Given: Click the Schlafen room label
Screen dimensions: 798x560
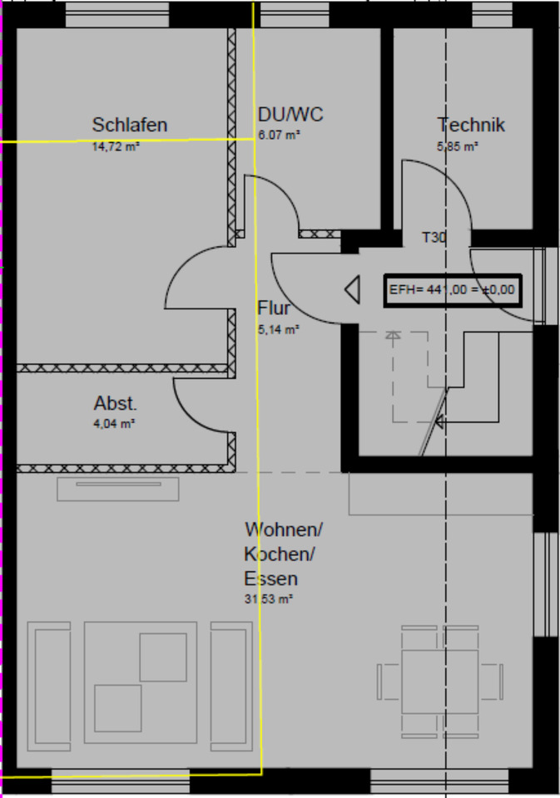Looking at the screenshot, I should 130,125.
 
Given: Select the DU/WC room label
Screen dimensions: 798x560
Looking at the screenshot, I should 290,115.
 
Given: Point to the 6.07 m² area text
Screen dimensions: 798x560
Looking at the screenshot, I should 279,135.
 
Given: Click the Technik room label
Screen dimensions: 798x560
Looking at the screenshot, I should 471,125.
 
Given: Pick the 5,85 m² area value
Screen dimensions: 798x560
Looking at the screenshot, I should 458,146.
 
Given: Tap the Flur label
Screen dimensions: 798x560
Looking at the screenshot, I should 274,308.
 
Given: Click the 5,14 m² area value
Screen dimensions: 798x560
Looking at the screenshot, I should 278,329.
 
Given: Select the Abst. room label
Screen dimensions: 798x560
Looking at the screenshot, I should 115,403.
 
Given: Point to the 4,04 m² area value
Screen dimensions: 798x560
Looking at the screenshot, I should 115,423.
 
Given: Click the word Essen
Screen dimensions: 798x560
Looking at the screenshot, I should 270,579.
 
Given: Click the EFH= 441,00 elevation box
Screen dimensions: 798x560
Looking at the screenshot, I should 453,290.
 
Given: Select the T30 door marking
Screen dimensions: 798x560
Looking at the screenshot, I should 434,238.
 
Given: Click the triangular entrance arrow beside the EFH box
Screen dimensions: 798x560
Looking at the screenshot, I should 352,290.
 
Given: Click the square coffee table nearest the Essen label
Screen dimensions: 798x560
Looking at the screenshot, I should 162,657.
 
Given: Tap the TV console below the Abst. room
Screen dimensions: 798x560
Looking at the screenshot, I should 117,489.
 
